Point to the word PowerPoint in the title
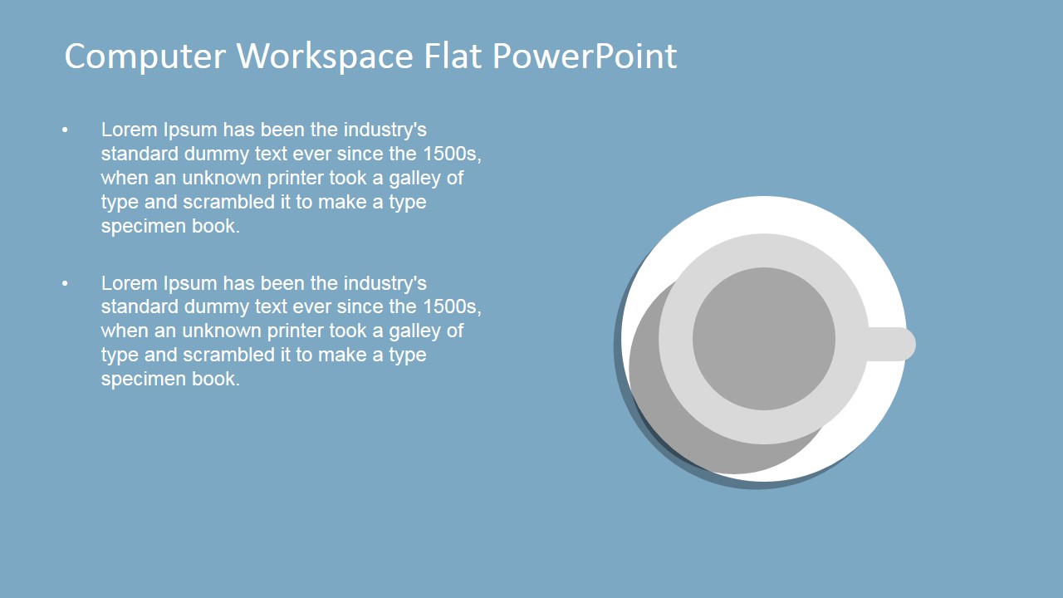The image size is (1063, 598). click(585, 56)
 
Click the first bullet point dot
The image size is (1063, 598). click(65, 130)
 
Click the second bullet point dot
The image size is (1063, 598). click(65, 283)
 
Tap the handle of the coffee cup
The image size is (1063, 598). click(892, 344)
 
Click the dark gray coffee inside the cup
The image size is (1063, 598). click(764, 339)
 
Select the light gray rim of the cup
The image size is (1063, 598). click(764, 250)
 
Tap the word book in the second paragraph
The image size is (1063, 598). click(216, 379)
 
